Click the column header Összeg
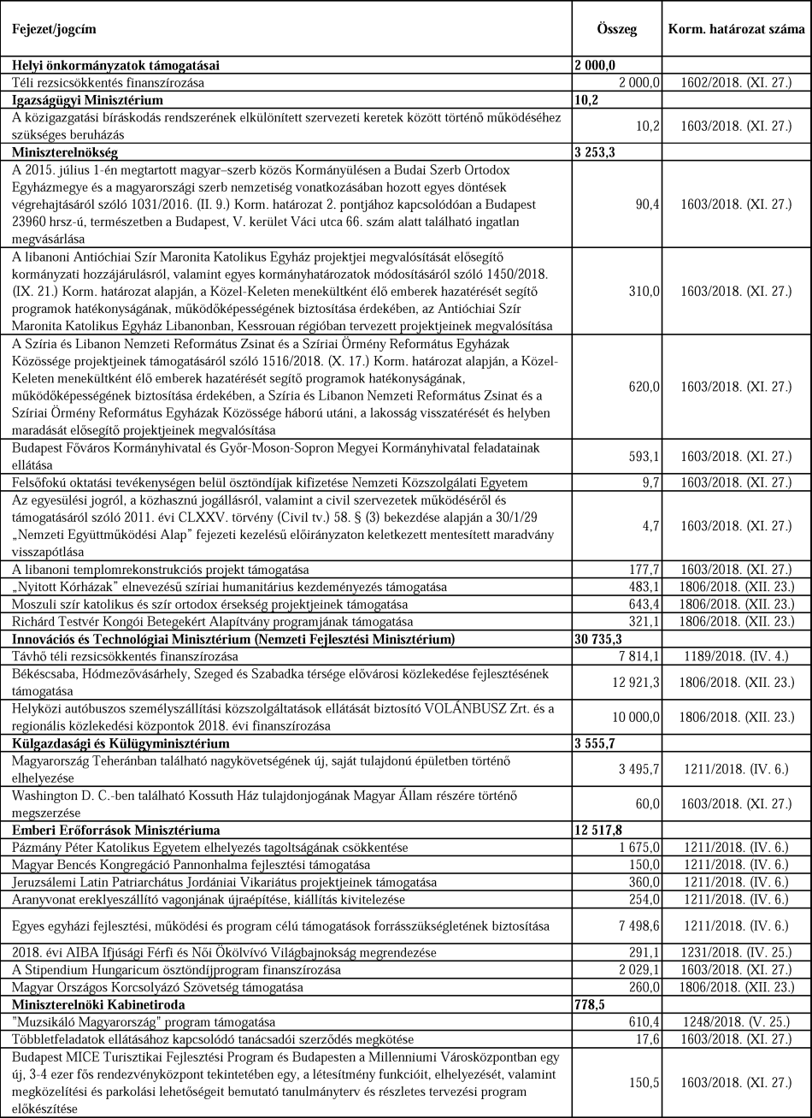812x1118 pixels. point(615,29)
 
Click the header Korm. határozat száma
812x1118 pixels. point(736,29)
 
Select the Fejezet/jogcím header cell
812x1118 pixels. point(54,29)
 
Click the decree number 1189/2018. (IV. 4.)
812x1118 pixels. point(736,655)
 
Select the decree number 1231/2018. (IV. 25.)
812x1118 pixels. point(736,953)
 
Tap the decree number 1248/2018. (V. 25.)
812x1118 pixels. point(736,1022)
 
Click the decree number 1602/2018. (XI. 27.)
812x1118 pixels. point(736,82)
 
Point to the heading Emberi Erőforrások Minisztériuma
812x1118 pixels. point(116,830)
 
